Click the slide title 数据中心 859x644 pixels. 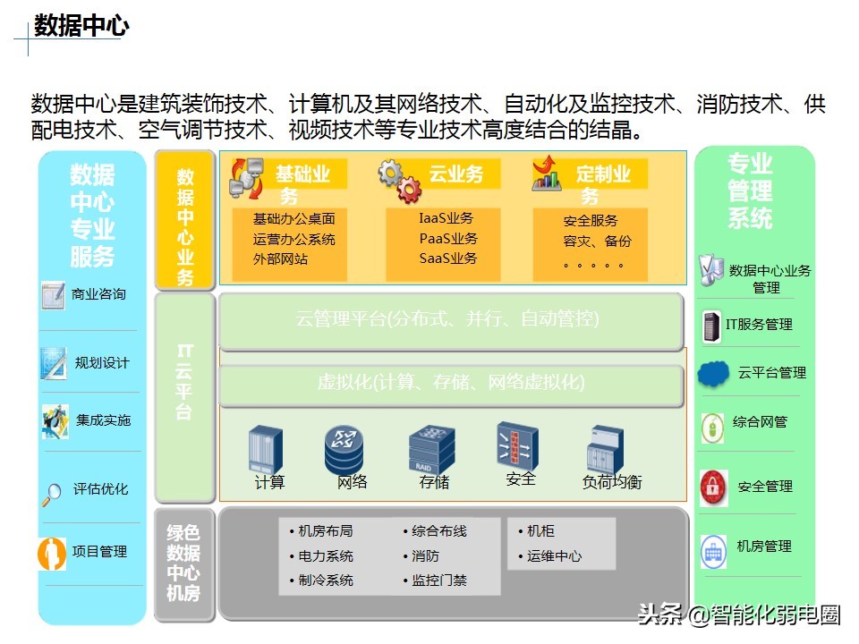click(x=81, y=26)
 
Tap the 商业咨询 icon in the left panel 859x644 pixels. click(x=53, y=294)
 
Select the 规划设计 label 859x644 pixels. click(x=102, y=363)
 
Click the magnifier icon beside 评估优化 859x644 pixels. click(x=54, y=490)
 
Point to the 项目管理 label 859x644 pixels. click(x=99, y=552)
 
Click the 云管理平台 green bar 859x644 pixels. click(x=447, y=319)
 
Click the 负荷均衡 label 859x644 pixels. click(x=612, y=482)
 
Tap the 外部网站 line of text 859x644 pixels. click(x=280, y=259)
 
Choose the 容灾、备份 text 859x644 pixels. click(x=597, y=241)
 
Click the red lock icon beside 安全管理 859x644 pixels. click(x=713, y=487)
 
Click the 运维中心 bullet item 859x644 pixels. click(x=554, y=556)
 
